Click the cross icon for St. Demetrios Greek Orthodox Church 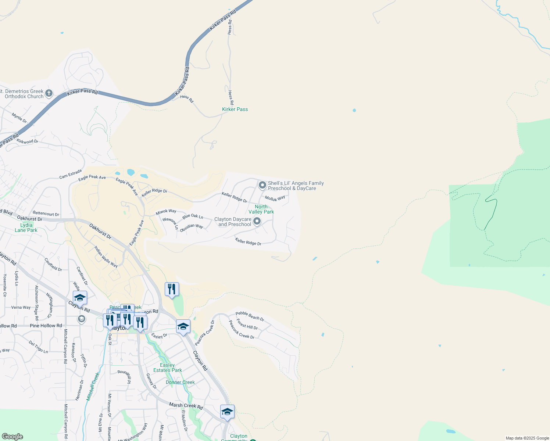(49, 94)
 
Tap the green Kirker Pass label (235, 109)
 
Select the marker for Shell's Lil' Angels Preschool (262, 185)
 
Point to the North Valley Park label (261, 209)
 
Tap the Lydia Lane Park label (26, 227)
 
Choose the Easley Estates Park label (167, 367)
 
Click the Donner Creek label (180, 382)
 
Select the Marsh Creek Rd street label (186, 406)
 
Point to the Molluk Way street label (275, 198)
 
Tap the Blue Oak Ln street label (193, 216)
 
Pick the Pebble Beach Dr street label (250, 316)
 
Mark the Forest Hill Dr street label (247, 324)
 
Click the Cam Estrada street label (70, 174)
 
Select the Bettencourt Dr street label (46, 214)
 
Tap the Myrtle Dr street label (19, 118)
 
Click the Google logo (12, 437)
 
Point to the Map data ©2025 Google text (527, 438)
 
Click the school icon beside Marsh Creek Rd (227, 412)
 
